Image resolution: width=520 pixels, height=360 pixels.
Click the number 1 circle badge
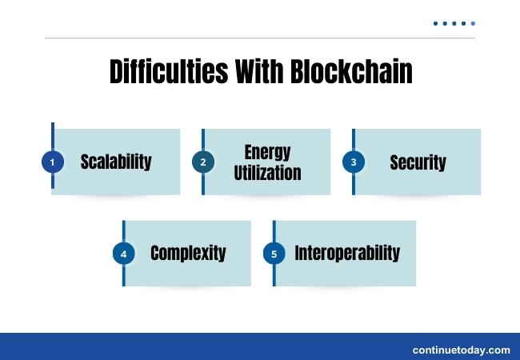tap(52, 162)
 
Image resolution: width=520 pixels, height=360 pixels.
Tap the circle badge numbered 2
tap(203, 162)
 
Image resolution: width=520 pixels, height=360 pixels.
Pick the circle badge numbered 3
tap(354, 162)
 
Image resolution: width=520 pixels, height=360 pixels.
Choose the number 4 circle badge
tap(123, 254)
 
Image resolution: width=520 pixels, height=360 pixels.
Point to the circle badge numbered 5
tap(274, 254)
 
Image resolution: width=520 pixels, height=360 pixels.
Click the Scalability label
tap(116, 162)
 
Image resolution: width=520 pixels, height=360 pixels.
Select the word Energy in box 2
tap(267, 152)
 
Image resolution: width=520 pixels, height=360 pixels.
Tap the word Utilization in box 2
tap(267, 172)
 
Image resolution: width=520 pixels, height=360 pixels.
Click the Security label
tap(418, 162)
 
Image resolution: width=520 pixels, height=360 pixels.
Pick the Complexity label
tap(188, 254)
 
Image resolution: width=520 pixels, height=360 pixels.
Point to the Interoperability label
tap(347, 254)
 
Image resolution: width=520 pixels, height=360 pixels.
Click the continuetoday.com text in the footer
tap(461, 350)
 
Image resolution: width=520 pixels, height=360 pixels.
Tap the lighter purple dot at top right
tap(473, 23)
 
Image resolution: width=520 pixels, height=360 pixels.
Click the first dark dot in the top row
tap(436, 23)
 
